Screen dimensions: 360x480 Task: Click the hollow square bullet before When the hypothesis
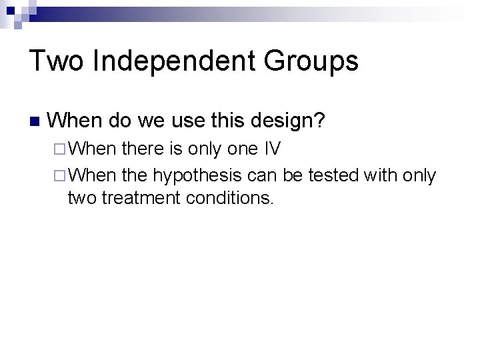[59, 175]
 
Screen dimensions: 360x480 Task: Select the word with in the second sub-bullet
[383, 175]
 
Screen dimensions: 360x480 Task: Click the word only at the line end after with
[421, 176]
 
